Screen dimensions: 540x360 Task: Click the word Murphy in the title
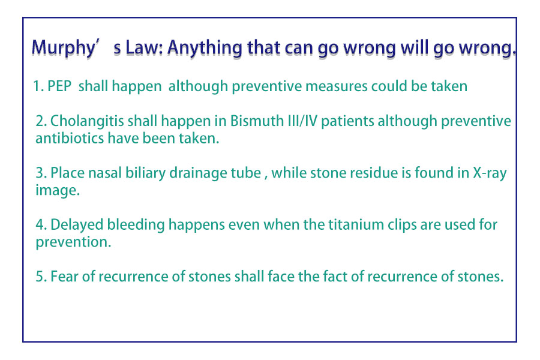(63, 48)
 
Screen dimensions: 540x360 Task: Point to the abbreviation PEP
(59, 86)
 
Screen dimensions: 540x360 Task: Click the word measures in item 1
(337, 86)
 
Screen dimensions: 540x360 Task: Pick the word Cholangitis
(87, 121)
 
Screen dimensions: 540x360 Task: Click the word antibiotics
(70, 138)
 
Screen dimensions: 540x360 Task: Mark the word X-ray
(490, 173)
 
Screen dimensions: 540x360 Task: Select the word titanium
(356, 224)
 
